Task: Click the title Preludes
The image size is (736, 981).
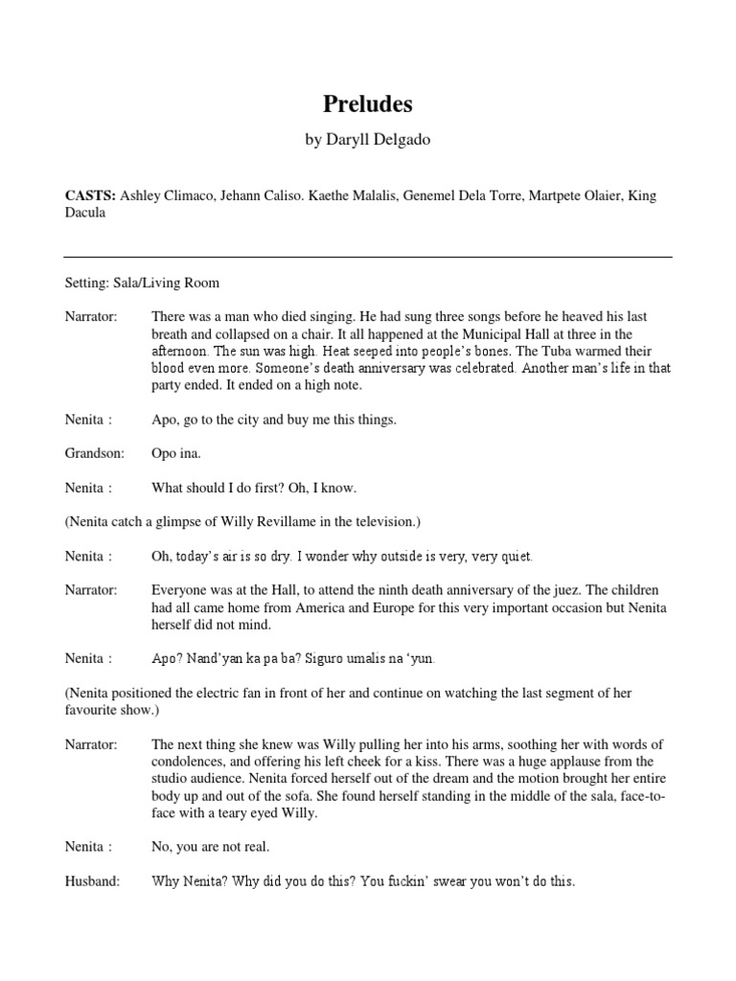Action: [367, 103]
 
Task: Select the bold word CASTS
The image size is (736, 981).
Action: [89, 195]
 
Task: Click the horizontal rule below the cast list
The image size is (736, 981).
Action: [367, 257]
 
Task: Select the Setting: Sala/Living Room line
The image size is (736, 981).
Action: [142, 283]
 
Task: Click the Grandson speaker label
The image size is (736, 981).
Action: [95, 454]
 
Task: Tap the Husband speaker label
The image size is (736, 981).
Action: [92, 881]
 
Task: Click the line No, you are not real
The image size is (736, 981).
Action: [211, 847]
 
